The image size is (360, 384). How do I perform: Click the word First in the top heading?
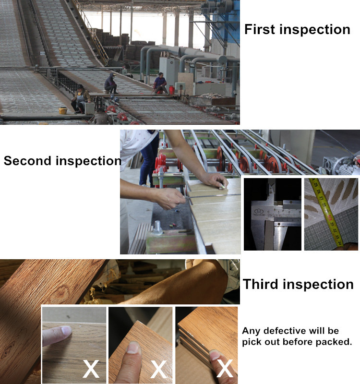[260, 29]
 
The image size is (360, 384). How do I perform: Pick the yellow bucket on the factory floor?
[63, 111]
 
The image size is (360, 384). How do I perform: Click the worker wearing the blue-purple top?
[160, 83]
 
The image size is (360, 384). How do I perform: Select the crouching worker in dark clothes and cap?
[111, 84]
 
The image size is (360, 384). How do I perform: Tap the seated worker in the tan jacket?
[80, 99]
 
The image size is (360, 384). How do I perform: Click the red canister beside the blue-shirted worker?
[172, 90]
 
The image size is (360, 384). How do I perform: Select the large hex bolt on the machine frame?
[157, 228]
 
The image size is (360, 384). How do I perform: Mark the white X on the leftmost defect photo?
[91, 369]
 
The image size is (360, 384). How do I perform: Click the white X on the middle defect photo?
[158, 369]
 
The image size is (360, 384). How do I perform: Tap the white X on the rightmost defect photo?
[225, 368]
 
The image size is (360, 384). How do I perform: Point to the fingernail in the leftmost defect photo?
[67, 330]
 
